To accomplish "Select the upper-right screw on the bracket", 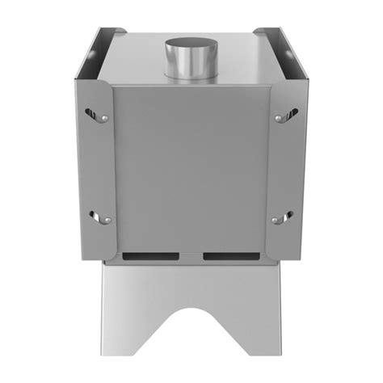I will point(279,119).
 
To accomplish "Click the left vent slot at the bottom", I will point(151,256).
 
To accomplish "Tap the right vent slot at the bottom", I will point(231,256).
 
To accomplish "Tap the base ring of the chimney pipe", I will point(191,77).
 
